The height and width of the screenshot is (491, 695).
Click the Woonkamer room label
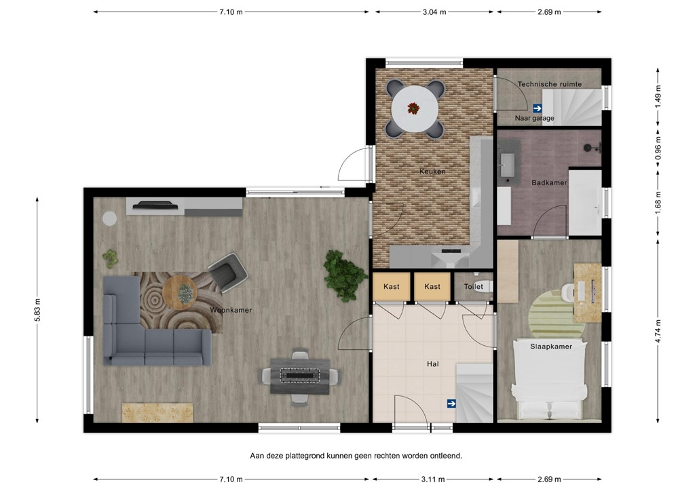(231, 310)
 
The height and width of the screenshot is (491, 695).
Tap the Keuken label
(432, 172)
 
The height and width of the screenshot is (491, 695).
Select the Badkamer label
(549, 182)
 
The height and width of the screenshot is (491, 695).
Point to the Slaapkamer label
(550, 347)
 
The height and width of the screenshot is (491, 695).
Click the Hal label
(432, 364)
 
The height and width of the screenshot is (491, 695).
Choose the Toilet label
(473, 287)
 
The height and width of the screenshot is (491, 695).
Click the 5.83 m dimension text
(38, 311)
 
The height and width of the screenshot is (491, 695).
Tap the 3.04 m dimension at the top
(434, 12)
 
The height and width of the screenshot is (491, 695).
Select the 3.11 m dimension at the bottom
(434, 479)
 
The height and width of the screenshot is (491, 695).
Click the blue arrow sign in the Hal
(451, 404)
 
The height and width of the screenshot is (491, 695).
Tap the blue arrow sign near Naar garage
(537, 107)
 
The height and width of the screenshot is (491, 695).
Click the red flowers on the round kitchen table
(413, 107)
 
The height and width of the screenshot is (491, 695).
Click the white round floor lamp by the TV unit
(109, 218)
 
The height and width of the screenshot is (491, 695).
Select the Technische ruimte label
(549, 84)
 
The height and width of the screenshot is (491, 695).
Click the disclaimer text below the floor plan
(356, 456)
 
